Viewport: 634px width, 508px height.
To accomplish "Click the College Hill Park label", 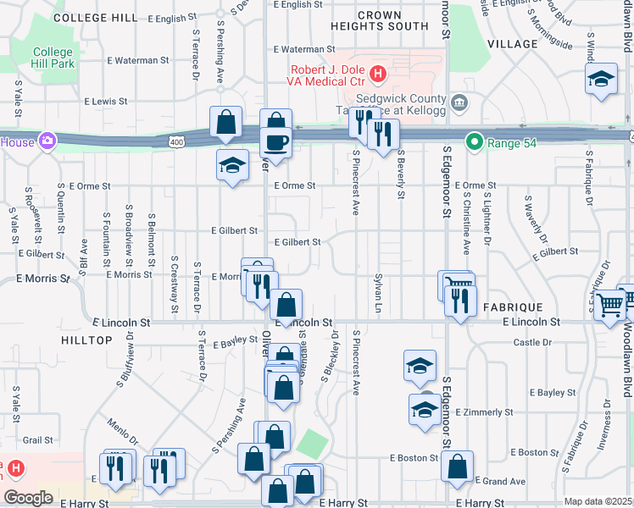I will pos(53,58).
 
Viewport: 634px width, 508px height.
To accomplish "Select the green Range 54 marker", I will pos(474,143).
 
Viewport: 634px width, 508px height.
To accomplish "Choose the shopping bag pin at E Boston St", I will pos(457,466).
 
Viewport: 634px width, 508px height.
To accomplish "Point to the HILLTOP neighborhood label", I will pos(86,340).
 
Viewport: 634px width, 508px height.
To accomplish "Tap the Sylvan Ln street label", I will pos(378,291).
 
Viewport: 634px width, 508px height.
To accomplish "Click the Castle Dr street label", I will pos(532,342).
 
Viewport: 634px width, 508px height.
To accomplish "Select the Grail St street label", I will pos(38,439).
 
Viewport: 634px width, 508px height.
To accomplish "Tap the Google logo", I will pos(28,498).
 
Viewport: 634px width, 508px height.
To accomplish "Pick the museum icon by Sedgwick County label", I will pos(459,103).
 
